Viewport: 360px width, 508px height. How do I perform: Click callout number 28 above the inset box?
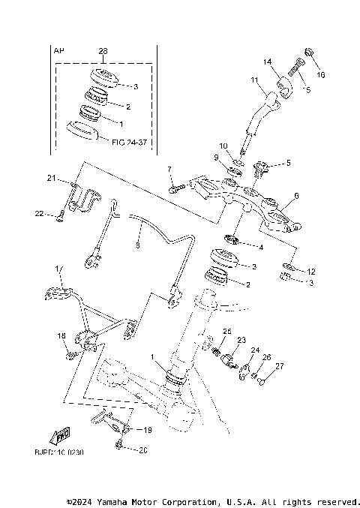(x=103, y=51)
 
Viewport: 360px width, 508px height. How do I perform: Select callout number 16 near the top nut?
(x=321, y=76)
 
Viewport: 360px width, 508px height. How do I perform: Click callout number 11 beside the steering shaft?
(x=254, y=79)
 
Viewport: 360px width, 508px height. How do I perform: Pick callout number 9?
(x=216, y=158)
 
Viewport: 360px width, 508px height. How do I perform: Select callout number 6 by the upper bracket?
(x=295, y=196)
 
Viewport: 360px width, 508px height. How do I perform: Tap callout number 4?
(x=260, y=247)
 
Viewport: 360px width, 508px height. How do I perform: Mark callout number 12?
(x=311, y=271)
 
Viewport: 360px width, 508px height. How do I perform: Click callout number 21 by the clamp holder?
(x=52, y=178)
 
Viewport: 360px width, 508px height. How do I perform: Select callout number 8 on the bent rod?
(x=137, y=244)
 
